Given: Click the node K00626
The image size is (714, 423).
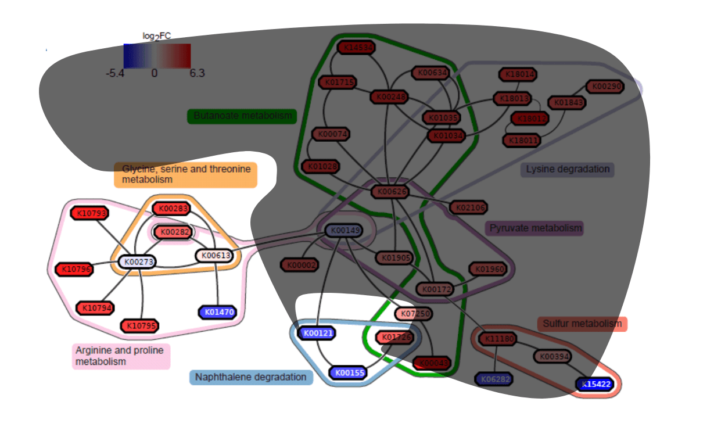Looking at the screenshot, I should [x=390, y=191].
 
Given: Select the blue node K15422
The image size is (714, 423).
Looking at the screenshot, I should [x=597, y=384].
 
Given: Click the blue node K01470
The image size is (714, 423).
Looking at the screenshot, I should [x=217, y=312].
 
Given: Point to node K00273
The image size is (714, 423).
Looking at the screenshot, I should [x=137, y=262].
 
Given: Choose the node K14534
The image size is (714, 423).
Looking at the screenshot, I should [x=356, y=48].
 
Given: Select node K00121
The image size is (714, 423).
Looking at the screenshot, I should [x=316, y=333].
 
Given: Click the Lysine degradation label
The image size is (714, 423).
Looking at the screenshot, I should [x=568, y=170].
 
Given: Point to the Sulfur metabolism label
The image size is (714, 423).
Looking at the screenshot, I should [x=582, y=324].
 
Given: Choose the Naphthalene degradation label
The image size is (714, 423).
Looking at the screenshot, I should [x=251, y=377].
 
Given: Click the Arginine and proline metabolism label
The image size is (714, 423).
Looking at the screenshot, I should [x=121, y=356].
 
